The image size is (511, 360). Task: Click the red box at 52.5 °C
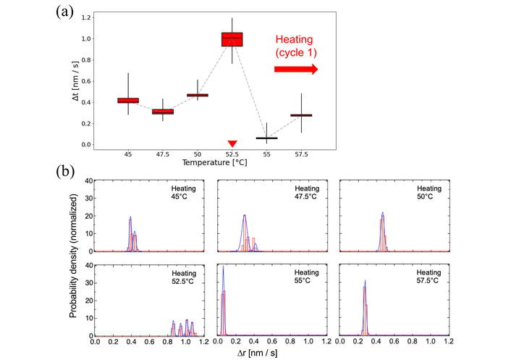[232, 39]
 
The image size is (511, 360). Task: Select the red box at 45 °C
[128, 101]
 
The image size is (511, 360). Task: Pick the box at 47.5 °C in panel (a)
[163, 112]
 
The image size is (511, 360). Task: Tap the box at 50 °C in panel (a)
[198, 95]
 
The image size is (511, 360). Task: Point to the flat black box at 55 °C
[266, 138]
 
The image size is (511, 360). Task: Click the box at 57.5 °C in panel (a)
[301, 115]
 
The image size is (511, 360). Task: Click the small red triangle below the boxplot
[232, 144]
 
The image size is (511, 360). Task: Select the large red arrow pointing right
[295, 69]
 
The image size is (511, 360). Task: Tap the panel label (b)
[69, 174]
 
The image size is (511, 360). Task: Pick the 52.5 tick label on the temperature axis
[232, 154]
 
